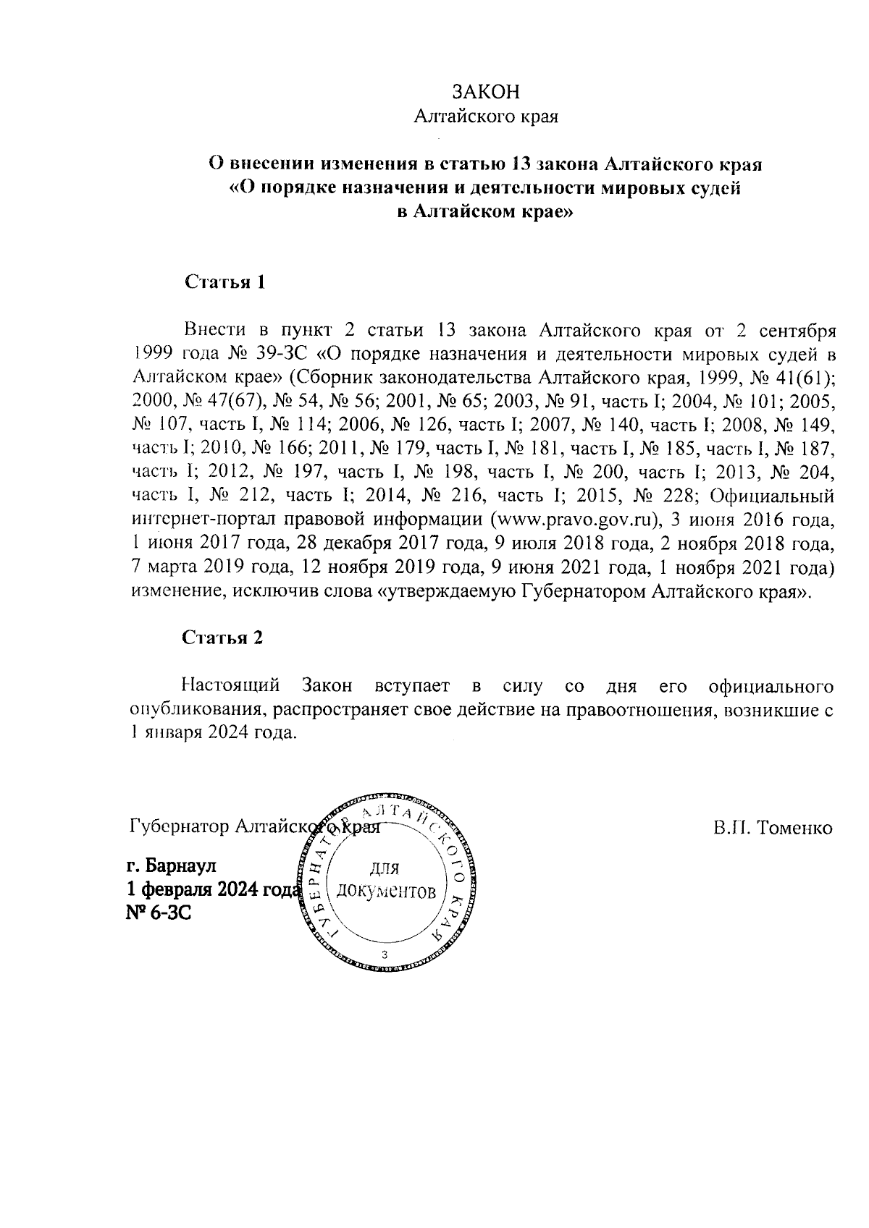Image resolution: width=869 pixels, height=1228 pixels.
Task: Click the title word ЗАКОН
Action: pos(485,92)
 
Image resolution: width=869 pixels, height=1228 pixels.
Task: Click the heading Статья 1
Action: pos(225,282)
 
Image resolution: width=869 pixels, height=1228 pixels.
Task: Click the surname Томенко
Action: pos(794,827)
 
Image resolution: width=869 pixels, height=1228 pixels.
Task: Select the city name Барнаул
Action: pos(181,865)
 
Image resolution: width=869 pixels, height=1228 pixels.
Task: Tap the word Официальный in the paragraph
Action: pos(773,496)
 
